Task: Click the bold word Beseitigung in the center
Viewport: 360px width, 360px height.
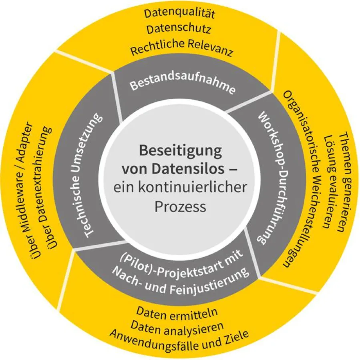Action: point(180,151)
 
